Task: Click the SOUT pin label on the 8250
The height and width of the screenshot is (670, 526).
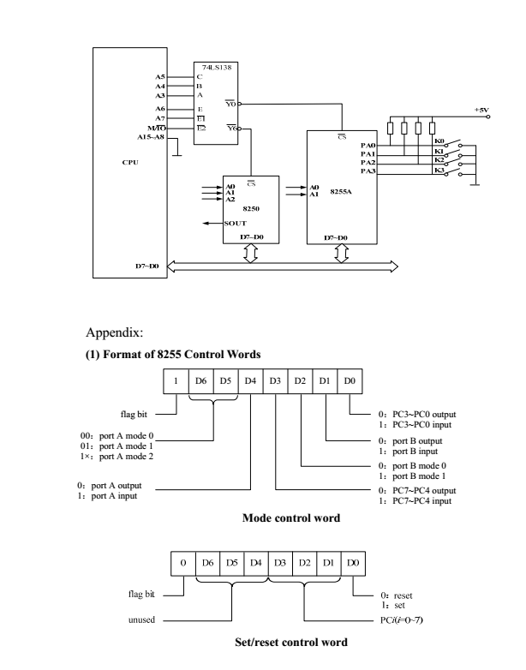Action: (236, 222)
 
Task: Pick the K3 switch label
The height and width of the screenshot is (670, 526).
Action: (439, 170)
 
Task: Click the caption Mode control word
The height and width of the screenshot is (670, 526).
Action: (280, 517)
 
